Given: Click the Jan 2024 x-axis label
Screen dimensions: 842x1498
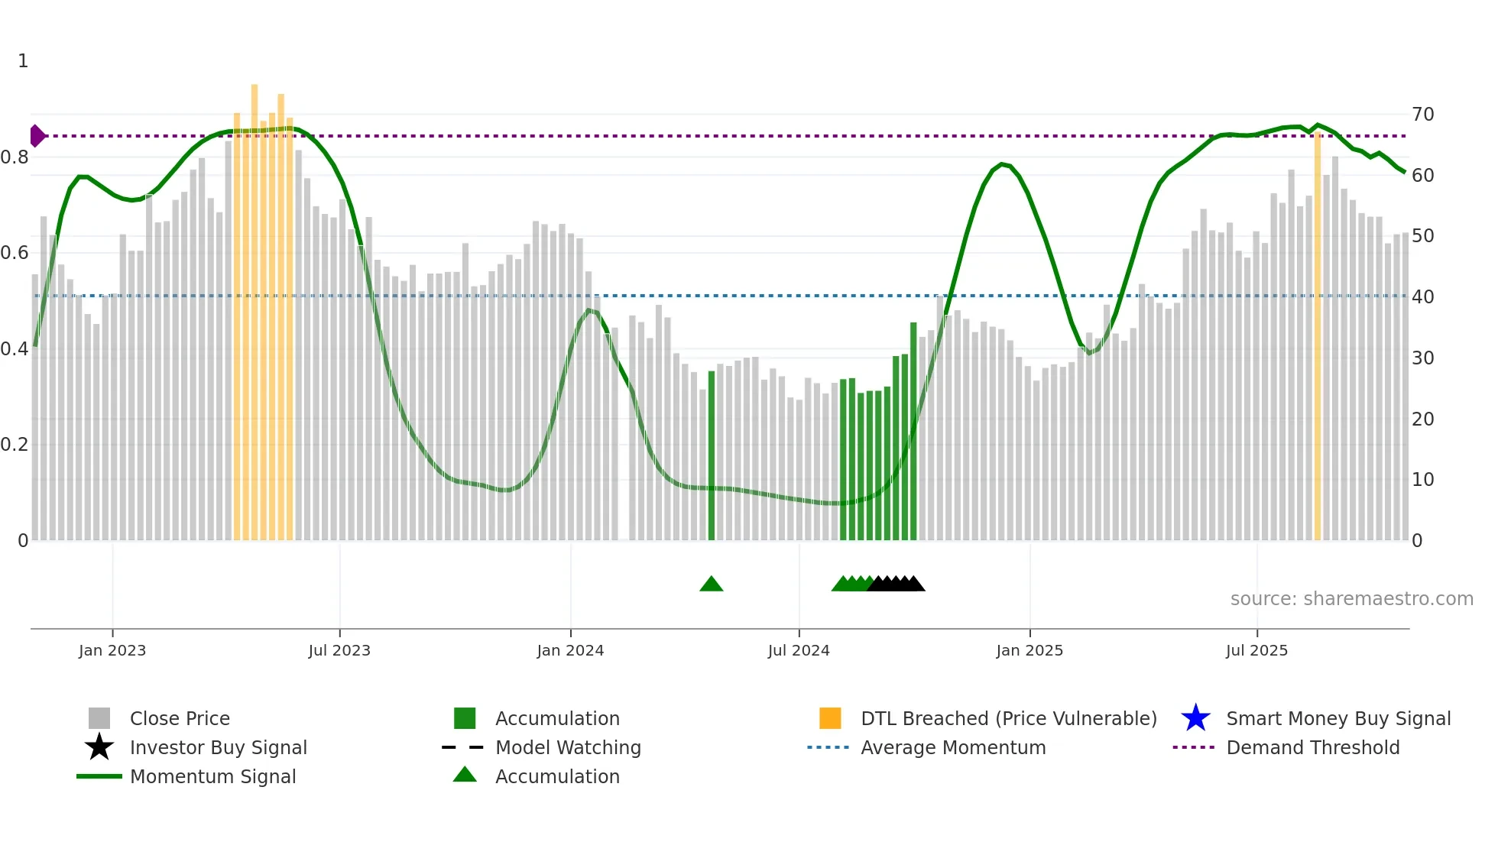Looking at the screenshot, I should [570, 651].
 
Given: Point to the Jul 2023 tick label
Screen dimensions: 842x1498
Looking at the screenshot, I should [339, 651].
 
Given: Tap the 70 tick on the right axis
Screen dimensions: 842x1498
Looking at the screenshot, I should [1423, 115].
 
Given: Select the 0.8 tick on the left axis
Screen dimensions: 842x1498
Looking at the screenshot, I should [15, 157].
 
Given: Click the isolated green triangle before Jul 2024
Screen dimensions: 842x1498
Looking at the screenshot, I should [711, 585].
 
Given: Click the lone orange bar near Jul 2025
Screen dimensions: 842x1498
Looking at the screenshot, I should [1318, 336].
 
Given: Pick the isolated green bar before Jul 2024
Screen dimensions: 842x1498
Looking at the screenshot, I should [712, 455].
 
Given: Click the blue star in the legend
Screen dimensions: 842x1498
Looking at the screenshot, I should [1195, 718].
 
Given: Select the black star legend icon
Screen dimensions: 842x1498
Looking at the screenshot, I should [99, 747].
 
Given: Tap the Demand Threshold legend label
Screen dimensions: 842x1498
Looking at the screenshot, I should [1312, 747].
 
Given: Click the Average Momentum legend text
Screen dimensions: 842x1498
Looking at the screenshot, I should [953, 747].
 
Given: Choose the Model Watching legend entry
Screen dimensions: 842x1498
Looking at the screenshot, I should [568, 747].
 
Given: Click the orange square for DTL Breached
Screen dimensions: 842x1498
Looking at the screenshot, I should [830, 718].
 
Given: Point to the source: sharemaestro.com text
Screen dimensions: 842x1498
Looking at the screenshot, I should [1351, 599].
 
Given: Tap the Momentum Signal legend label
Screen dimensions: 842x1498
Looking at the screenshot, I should [212, 776].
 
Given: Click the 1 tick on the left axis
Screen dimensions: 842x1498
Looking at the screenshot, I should [23, 61].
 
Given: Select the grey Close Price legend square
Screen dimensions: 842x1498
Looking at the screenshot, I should [99, 718].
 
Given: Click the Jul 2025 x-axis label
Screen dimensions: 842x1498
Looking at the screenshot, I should [1256, 651].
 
